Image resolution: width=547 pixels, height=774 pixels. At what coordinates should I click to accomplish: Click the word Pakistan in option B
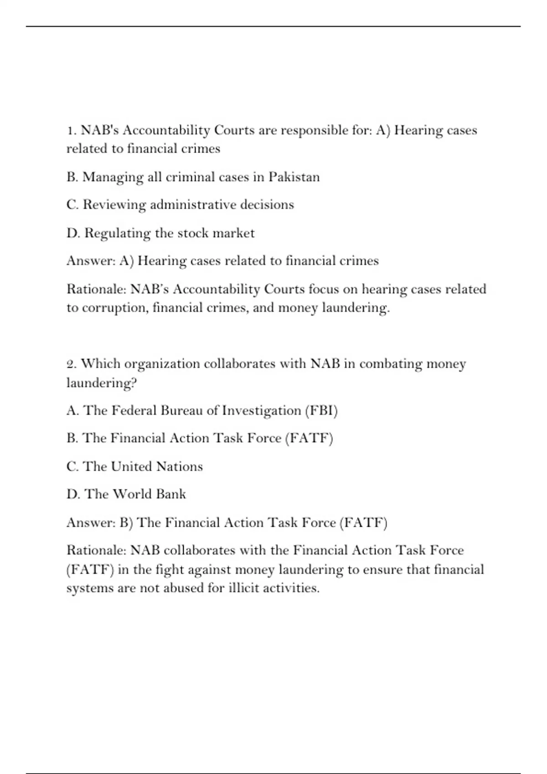pyautogui.click(x=294, y=177)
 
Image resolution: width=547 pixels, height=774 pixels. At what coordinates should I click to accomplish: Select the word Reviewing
pyautogui.click(x=114, y=205)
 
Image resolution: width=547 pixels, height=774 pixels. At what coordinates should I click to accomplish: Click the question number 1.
pyautogui.click(x=71, y=131)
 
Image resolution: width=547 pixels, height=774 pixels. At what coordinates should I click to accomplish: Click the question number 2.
pyautogui.click(x=71, y=364)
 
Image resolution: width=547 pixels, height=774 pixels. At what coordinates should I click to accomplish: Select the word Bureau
pyautogui.click(x=181, y=411)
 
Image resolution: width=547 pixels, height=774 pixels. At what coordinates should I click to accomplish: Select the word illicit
pyautogui.click(x=244, y=588)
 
